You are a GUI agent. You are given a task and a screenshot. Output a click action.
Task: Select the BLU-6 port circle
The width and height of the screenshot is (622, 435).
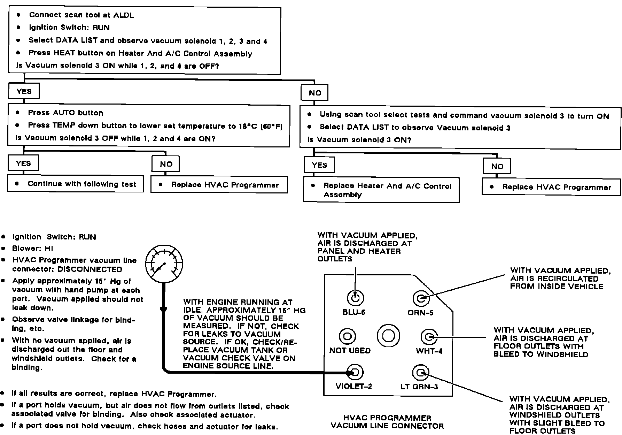tap(356, 298)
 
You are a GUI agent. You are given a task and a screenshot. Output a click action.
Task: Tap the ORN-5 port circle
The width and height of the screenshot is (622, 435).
tap(421, 298)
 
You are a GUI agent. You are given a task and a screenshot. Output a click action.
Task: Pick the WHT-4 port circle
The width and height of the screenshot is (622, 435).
tap(429, 337)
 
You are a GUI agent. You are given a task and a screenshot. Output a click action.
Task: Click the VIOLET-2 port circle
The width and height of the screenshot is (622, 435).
tap(355, 372)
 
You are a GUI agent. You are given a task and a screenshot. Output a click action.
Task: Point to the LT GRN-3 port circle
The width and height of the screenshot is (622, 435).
tap(420, 373)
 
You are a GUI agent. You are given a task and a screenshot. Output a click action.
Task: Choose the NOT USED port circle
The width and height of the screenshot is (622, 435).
tap(347, 336)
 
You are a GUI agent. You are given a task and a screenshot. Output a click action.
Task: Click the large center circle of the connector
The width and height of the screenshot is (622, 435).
tap(388, 336)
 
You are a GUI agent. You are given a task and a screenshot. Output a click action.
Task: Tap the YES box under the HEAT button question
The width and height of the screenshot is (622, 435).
tap(24, 91)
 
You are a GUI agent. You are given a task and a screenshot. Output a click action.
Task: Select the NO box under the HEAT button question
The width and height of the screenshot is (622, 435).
tap(314, 93)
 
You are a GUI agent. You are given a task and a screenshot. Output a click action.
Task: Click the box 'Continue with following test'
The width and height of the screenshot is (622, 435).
tap(75, 184)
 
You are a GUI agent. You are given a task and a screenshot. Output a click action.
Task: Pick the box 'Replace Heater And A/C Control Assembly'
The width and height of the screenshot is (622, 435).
tap(381, 190)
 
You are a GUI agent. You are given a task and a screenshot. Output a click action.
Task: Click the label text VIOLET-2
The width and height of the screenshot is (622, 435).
tap(353, 386)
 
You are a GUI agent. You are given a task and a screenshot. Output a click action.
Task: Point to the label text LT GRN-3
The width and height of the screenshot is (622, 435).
tap(419, 387)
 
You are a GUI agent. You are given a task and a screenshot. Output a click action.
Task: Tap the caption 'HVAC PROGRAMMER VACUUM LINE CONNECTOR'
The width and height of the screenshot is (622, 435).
tap(387, 422)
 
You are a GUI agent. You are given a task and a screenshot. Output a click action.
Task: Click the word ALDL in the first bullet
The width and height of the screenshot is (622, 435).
tap(123, 15)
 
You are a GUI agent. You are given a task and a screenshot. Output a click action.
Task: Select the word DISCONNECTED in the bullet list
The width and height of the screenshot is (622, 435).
tap(90, 269)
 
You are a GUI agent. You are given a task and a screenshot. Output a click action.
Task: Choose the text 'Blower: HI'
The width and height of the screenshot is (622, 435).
tap(33, 249)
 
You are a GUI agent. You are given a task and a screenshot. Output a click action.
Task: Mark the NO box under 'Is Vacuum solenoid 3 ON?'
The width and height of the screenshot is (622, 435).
tap(497, 166)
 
